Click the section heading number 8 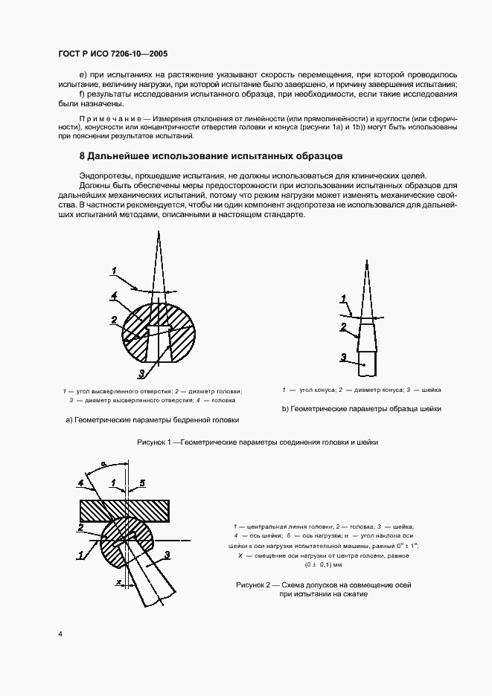point(83,157)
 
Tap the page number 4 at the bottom point(60,634)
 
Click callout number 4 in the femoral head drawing point(114,296)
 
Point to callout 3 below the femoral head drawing point(141,373)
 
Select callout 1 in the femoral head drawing point(115,270)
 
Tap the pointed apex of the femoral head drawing point(158,233)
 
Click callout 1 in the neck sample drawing point(343,300)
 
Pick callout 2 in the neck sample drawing point(343,326)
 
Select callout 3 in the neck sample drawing point(343,358)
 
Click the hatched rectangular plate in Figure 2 point(125,509)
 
